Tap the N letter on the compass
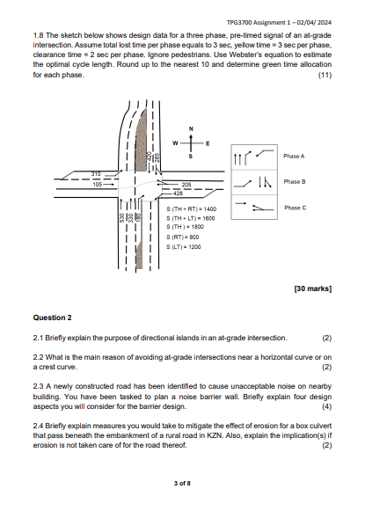coord(190,128)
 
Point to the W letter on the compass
coord(176,142)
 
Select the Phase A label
coord(294,155)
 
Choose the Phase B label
coord(294,181)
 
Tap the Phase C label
coord(294,208)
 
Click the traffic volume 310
coord(96,174)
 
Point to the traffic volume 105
coord(96,185)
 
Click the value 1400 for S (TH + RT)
coord(208,208)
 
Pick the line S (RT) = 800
coord(183,237)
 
